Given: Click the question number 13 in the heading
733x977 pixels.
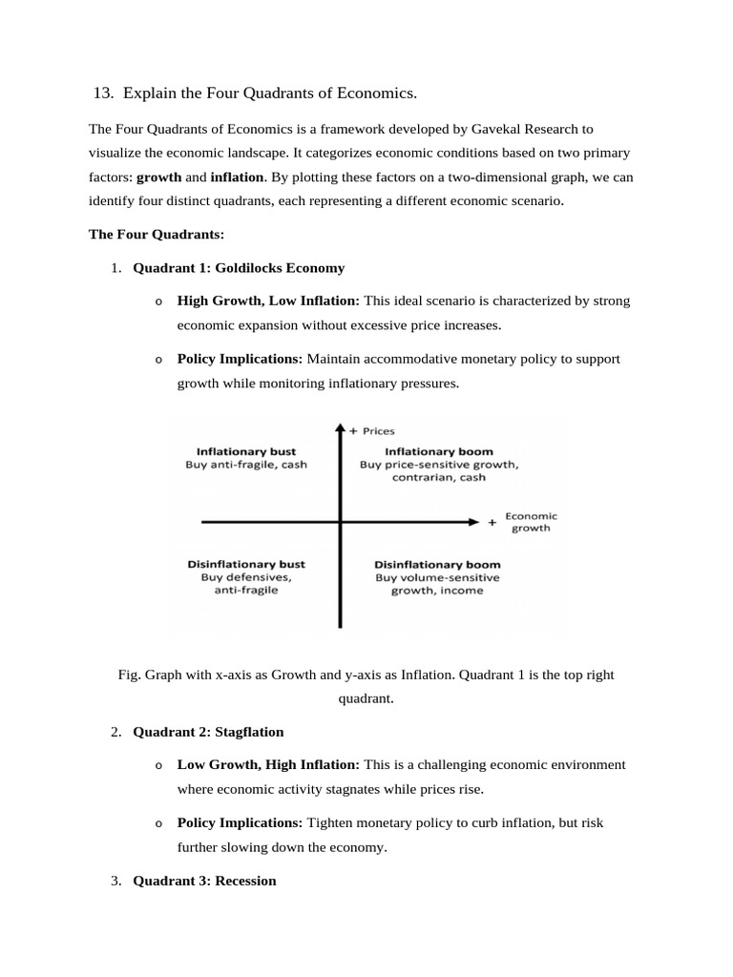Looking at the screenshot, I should coord(102,94).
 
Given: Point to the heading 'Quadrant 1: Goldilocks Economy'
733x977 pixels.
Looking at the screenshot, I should coord(239,268).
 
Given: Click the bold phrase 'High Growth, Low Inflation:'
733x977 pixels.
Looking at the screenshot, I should coord(268,301).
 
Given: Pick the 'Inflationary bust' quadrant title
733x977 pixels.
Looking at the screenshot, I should coord(245,450).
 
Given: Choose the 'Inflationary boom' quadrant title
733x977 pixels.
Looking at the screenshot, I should coord(439,450).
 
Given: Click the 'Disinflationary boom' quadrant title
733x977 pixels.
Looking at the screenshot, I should coord(437,564).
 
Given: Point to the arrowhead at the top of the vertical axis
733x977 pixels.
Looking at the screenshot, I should coord(340,429).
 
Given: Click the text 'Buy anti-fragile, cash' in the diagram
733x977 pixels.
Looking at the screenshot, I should coord(246,465).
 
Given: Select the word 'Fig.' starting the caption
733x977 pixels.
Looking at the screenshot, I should coord(129,675).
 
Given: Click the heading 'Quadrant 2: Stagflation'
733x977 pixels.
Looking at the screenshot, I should coord(208,732).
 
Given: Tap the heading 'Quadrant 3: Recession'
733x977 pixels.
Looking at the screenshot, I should coord(204,881).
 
